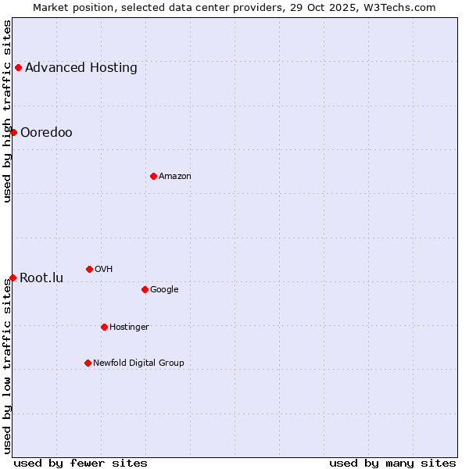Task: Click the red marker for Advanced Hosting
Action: click(18, 67)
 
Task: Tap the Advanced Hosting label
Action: click(81, 67)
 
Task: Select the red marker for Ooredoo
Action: click(13, 132)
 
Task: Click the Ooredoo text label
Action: click(46, 132)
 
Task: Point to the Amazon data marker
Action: click(153, 176)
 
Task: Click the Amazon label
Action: click(175, 176)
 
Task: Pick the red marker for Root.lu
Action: click(13, 277)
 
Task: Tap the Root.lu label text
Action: click(41, 277)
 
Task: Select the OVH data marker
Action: click(89, 269)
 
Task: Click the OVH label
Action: click(104, 269)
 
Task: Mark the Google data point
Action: click(145, 289)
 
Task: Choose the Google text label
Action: click(164, 289)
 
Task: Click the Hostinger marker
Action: click(104, 327)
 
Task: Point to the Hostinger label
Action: click(129, 327)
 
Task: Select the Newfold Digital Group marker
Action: click(88, 363)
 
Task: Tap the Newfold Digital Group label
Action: click(138, 363)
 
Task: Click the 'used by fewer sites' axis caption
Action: click(81, 463)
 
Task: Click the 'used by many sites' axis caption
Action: click(392, 463)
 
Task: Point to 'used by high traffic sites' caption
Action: click(7, 111)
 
